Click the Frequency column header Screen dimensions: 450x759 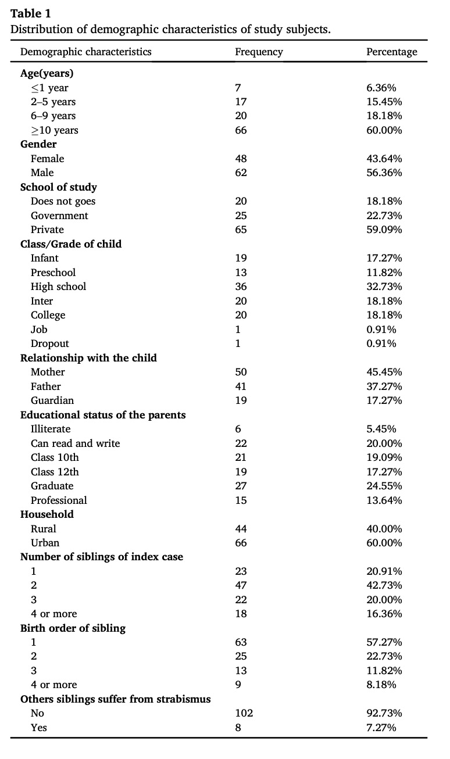(259, 52)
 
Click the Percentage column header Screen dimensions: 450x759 (392, 52)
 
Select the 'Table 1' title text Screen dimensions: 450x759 (30, 13)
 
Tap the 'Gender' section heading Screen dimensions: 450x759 (38, 144)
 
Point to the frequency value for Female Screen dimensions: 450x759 (241, 159)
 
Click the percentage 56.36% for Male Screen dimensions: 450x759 (384, 173)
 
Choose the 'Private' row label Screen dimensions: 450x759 (47, 230)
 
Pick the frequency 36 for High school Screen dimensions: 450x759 (241, 287)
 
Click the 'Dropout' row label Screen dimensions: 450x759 (50, 343)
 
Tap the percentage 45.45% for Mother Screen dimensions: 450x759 (384, 372)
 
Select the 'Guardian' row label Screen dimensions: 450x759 (52, 400)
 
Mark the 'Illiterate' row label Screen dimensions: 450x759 (51, 429)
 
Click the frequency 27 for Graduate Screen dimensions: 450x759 (241, 486)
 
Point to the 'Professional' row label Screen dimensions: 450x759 (59, 500)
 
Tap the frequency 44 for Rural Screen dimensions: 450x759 (241, 529)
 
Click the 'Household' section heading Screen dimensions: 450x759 (47, 514)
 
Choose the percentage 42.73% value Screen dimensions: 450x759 (384, 585)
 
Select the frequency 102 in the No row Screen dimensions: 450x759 (244, 713)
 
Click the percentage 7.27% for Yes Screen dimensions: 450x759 (381, 728)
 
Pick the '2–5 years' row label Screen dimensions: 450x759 (53, 102)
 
